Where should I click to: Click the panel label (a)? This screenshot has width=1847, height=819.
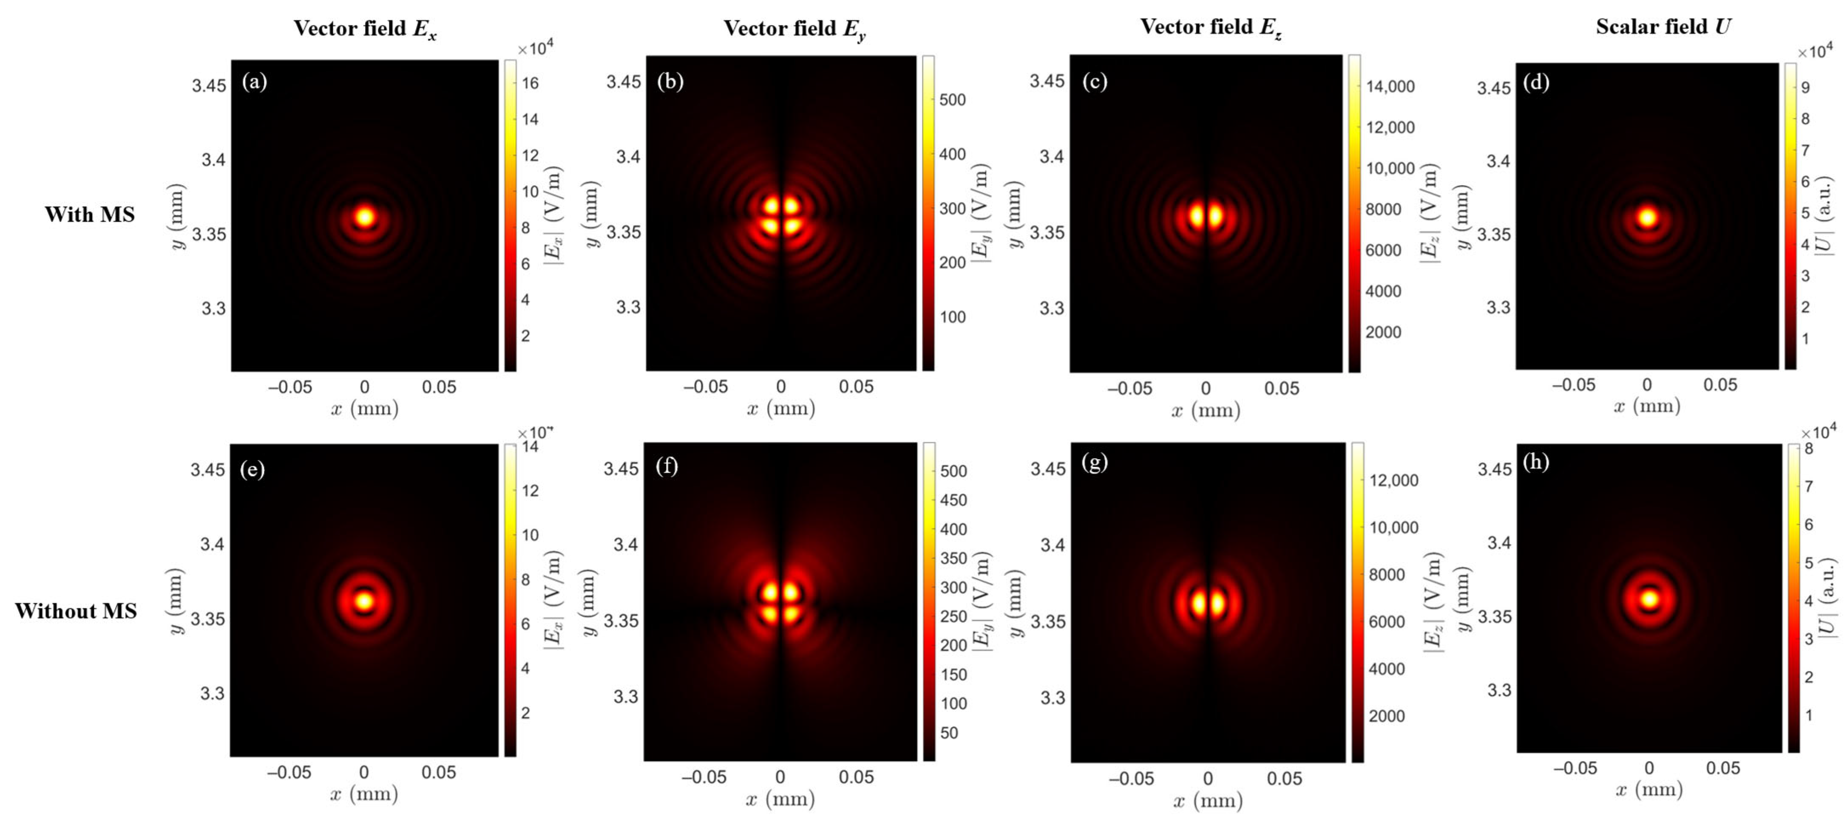[255, 81]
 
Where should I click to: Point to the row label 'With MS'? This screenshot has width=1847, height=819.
[90, 214]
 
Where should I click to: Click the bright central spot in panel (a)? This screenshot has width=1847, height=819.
[365, 216]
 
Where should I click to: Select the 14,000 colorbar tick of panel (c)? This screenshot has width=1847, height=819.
[1390, 87]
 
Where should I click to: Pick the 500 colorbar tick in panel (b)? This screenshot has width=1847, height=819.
[952, 99]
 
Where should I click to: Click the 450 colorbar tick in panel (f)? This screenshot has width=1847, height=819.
[953, 500]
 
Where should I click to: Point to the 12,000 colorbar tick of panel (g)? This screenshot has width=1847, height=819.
[1393, 480]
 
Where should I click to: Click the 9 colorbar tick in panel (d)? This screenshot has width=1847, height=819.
[1804, 88]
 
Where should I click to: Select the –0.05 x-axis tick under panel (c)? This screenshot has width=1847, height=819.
[1129, 388]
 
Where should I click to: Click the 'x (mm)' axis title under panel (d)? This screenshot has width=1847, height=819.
[1647, 406]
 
